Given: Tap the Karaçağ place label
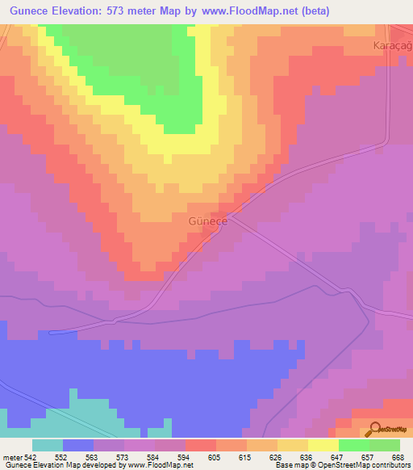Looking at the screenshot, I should pos(393,47).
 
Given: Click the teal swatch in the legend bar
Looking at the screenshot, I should pos(48,445).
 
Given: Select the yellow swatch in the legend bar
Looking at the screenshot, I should pos(323,445).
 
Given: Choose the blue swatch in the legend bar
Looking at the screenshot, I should pos(78,445).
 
